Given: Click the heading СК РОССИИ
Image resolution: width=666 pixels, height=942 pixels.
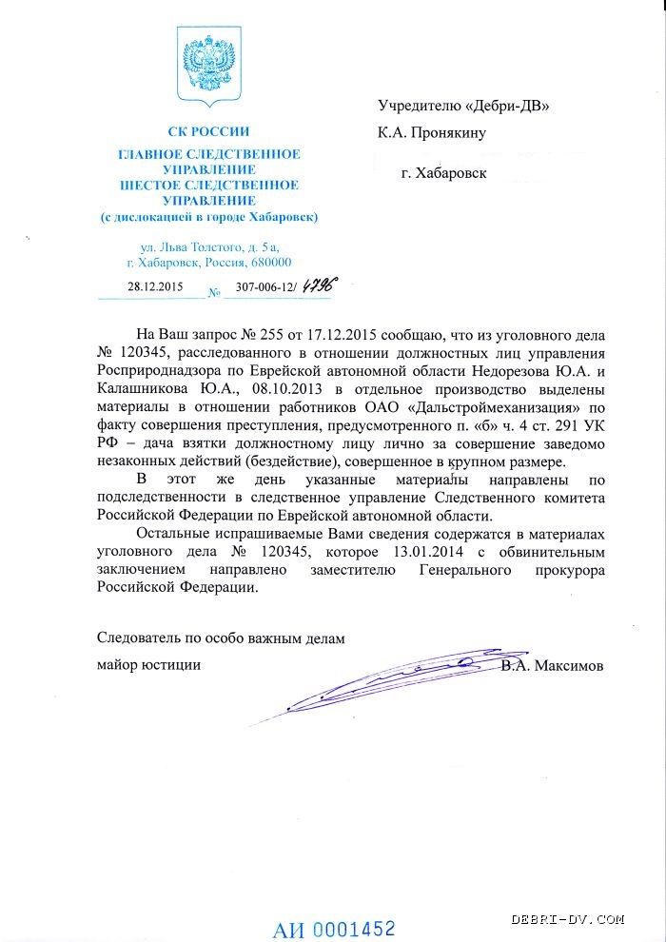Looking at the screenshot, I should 209,132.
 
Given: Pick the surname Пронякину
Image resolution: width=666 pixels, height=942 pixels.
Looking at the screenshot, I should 450,132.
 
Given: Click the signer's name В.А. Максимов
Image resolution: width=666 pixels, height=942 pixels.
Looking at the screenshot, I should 552,665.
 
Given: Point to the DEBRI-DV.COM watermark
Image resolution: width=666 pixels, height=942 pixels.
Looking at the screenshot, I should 568,919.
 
